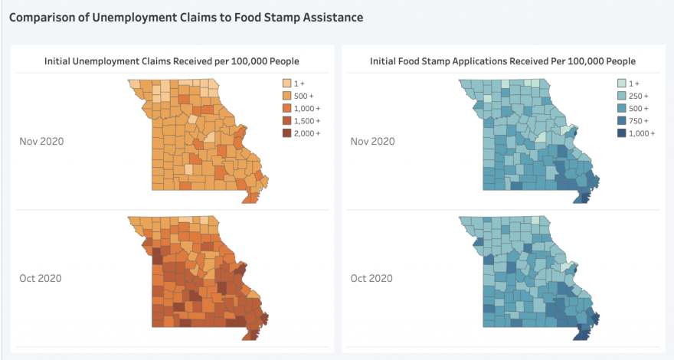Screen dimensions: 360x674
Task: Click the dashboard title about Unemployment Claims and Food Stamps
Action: tap(186, 16)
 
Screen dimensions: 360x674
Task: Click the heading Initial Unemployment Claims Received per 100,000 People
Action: tap(172, 61)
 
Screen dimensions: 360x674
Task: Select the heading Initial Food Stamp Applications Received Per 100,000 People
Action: tap(502, 61)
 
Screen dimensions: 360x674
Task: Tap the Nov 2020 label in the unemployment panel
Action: tap(41, 141)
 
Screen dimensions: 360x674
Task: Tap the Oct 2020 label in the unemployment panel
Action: tap(41, 278)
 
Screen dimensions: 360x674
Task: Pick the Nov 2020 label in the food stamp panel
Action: tap(372, 141)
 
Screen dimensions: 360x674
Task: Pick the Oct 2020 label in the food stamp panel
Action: tap(372, 278)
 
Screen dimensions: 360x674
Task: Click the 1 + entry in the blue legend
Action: tap(623, 83)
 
